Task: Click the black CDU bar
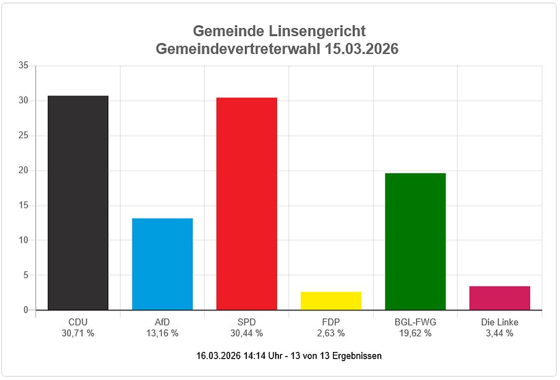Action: click(78, 203)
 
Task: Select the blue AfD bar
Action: click(162, 264)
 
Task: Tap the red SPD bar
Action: click(246, 204)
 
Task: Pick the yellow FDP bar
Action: click(331, 301)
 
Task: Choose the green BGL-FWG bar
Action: click(415, 241)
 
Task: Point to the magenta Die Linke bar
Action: click(499, 298)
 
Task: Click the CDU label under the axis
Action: click(78, 322)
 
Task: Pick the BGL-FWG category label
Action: click(415, 322)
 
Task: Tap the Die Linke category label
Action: click(499, 322)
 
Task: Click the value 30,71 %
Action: click(78, 334)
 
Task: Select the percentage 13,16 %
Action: click(162, 334)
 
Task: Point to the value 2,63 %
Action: click(331, 334)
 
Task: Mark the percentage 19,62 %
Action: click(415, 334)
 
